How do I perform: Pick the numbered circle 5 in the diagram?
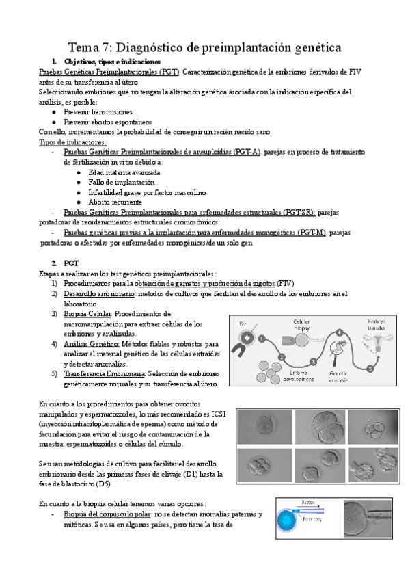coord(370,368)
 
